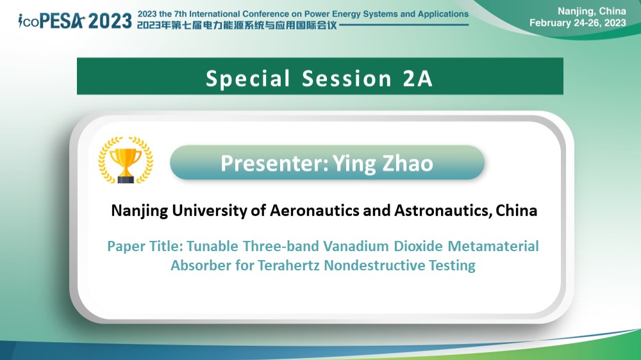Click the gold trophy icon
(x=126, y=160)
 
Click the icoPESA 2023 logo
(x=75, y=21)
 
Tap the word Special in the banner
(x=247, y=78)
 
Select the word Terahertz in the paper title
(x=288, y=265)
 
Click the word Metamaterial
(x=493, y=246)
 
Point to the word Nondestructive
(x=374, y=265)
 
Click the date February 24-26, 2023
(x=578, y=23)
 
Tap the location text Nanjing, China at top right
(x=592, y=11)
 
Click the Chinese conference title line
(x=237, y=25)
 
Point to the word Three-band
(x=281, y=246)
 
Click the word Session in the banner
(x=347, y=78)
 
